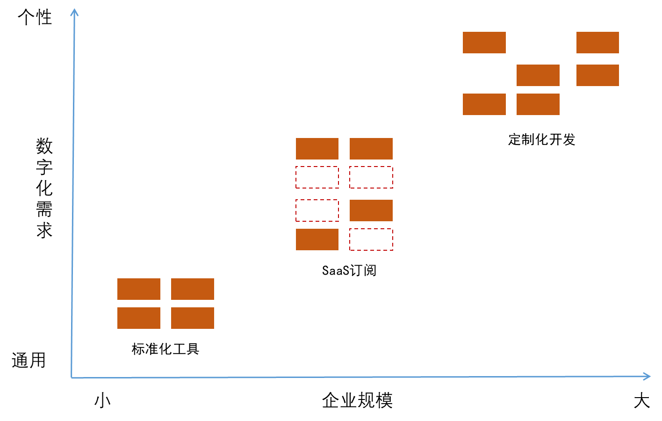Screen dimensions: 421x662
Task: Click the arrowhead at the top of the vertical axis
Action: point(74,12)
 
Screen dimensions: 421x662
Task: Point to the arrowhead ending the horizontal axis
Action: point(647,377)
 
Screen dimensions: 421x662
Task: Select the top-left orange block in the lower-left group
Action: point(139,289)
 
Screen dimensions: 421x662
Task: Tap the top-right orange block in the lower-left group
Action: point(193,289)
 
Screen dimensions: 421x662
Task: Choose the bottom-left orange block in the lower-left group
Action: point(139,318)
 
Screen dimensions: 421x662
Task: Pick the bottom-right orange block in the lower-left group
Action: point(193,318)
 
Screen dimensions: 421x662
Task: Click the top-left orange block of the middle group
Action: point(317,149)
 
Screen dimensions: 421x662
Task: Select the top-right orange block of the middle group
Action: point(371,149)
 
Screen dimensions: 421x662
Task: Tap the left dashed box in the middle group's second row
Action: point(317,177)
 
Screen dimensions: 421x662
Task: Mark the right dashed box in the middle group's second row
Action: point(371,177)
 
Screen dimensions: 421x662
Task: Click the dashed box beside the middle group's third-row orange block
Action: point(317,210)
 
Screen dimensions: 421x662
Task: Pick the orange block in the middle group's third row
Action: point(371,210)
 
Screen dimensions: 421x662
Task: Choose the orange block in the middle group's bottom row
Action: point(317,240)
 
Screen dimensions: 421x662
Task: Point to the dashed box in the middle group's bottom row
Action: point(371,240)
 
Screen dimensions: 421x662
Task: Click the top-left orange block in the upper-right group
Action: point(484,43)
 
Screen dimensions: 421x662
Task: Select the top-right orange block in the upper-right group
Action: point(597,43)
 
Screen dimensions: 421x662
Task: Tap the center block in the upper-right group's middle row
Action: point(538,75)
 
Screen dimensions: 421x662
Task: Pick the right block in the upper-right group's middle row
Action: point(597,75)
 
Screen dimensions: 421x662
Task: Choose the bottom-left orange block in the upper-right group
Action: point(484,104)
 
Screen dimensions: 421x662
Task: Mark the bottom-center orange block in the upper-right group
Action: point(538,104)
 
